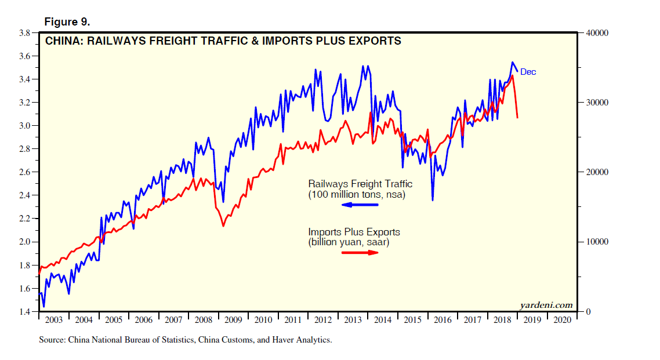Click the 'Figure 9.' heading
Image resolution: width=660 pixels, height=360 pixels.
(67, 22)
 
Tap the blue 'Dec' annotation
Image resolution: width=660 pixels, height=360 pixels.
(528, 72)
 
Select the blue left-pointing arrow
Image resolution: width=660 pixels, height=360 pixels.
(360, 205)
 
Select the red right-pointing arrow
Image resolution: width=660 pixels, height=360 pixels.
(360, 253)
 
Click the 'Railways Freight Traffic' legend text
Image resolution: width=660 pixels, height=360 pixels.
(360, 184)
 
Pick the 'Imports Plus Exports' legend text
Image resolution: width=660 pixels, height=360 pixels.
(354, 232)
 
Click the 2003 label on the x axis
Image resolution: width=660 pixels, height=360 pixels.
(53, 320)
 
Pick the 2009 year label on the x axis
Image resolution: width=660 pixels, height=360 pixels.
(233, 320)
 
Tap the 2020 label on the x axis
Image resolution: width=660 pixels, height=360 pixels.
(563, 320)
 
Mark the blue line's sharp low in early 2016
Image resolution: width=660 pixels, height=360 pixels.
(432, 200)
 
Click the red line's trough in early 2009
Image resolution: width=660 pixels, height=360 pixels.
(223, 226)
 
